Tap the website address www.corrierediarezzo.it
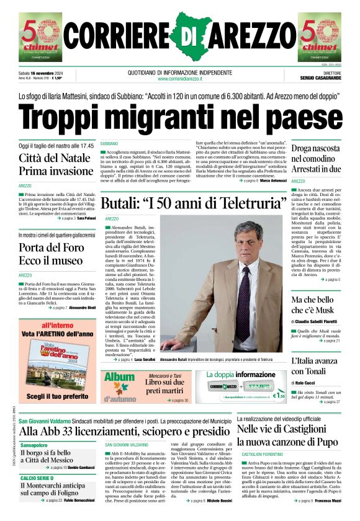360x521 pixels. [x=179, y=79]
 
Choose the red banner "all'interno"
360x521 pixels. [x=58, y=325]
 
